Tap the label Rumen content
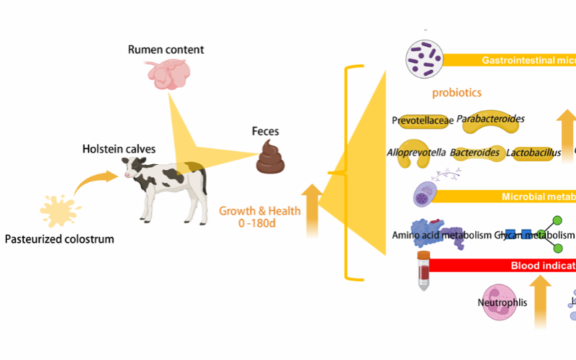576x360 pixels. click(x=166, y=50)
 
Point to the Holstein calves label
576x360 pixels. click(x=118, y=150)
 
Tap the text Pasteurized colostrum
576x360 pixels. click(x=59, y=238)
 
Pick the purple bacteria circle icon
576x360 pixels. click(x=426, y=59)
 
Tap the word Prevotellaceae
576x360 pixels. click(x=423, y=120)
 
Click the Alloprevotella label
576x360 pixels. click(x=415, y=153)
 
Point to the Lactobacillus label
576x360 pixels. click(x=533, y=153)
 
